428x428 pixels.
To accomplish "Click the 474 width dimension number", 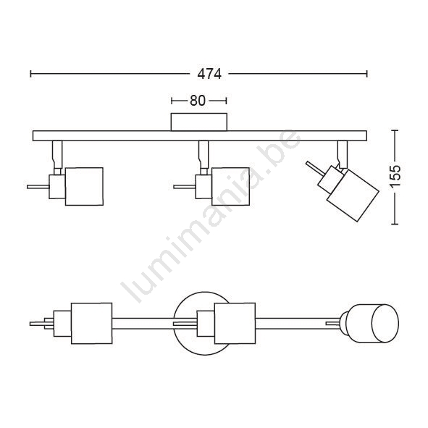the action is (209, 74).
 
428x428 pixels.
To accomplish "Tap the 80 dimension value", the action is (198, 101).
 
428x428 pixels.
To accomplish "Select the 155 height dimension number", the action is (395, 176).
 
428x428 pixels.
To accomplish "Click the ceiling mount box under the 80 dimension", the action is (199, 122).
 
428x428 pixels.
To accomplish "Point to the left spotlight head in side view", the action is (84, 186).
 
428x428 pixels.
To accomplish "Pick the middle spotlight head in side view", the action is (230, 186).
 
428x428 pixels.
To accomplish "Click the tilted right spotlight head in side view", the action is (353, 196).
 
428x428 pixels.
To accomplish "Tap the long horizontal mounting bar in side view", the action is (200, 135).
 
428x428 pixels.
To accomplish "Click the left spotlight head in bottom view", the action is (91, 323).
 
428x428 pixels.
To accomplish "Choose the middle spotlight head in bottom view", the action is (235, 323).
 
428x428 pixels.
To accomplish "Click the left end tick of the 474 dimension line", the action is (31, 74).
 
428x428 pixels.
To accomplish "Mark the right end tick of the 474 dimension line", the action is (367, 74).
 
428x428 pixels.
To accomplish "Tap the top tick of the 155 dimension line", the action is (395, 130).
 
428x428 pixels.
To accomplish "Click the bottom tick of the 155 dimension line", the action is (395, 224).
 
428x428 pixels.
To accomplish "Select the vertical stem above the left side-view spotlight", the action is (57, 154).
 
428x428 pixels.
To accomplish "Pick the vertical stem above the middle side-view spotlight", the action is (203, 154).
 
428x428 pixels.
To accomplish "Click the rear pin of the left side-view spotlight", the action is (38, 187).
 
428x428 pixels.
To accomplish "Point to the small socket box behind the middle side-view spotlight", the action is (203, 187).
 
